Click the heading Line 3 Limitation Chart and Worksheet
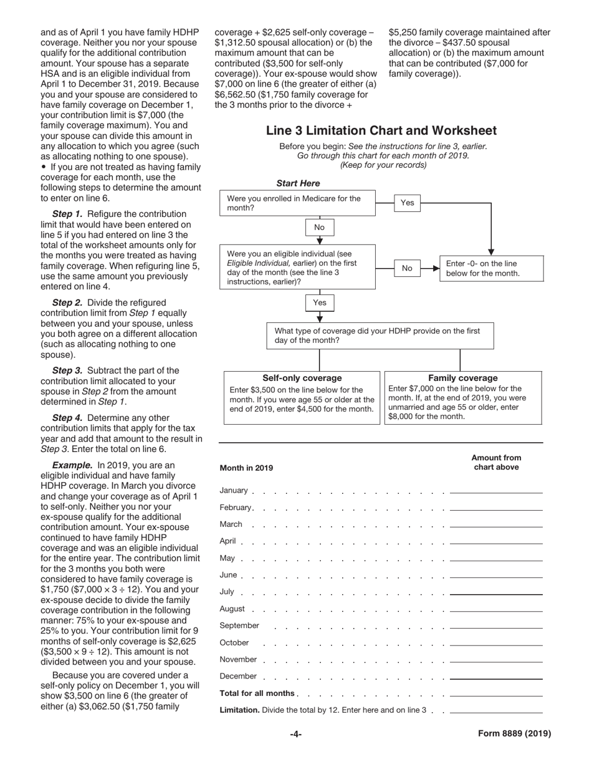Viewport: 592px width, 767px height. [381, 130]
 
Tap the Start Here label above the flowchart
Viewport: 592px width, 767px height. [298, 183]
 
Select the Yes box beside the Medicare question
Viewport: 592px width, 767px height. [407, 203]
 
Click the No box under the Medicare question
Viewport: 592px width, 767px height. [320, 228]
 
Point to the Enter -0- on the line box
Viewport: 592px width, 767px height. [490, 268]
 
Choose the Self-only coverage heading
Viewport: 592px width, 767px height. [302, 378]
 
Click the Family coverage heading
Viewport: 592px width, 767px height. [462, 378]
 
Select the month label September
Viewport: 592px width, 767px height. [239, 625]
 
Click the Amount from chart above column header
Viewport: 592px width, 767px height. [496, 462]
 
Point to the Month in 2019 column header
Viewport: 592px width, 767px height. [246, 468]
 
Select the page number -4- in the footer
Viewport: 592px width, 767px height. [295, 734]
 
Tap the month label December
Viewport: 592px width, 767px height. [238, 676]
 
